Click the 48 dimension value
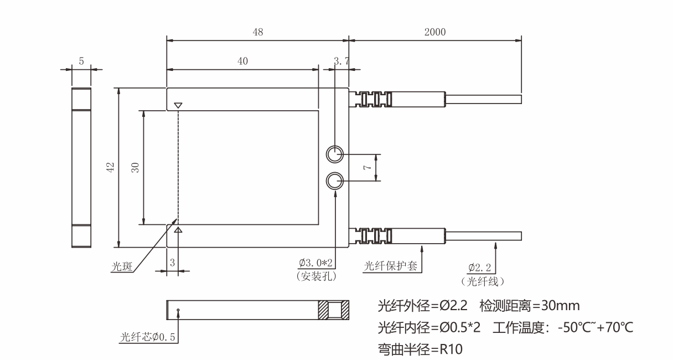[x=258, y=32]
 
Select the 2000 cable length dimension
[x=435, y=32]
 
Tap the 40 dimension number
[x=242, y=61]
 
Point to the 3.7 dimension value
[x=341, y=61]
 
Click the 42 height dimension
[x=110, y=167]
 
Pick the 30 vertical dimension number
[x=135, y=167]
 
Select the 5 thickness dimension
[x=81, y=61]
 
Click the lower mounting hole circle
[x=335, y=181]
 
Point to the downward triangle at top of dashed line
[x=178, y=105]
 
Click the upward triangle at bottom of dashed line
[x=178, y=229]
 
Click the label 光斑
[x=123, y=267]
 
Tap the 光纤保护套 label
[x=390, y=267]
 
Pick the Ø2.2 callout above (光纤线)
[x=479, y=269]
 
